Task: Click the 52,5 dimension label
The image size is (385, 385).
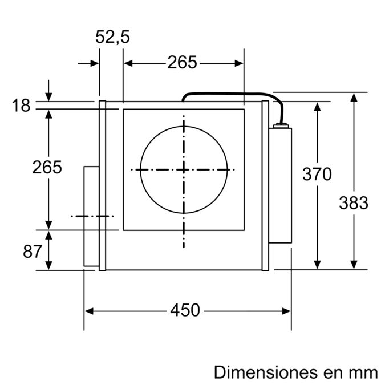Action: click(x=112, y=37)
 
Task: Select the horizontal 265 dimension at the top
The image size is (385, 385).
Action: click(x=182, y=63)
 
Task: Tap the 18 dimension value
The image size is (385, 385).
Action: click(x=21, y=106)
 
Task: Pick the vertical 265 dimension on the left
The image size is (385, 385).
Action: click(x=47, y=168)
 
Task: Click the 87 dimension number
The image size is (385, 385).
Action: click(x=33, y=250)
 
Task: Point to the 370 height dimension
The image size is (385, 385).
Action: click(x=317, y=175)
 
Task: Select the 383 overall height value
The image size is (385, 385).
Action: click(x=354, y=202)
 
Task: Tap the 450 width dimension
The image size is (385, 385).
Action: click(x=185, y=310)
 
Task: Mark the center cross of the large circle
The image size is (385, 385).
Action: click(x=184, y=169)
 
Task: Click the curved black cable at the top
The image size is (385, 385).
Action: click(x=228, y=94)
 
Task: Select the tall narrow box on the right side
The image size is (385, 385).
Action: click(x=280, y=185)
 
